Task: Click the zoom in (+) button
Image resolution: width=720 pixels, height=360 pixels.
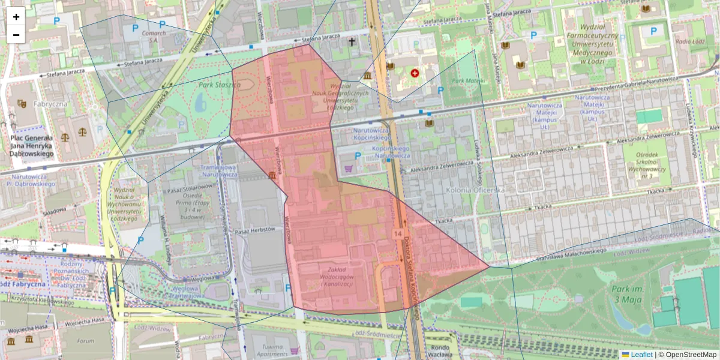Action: [16, 17]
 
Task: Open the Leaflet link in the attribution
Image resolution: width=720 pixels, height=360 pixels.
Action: [641, 355]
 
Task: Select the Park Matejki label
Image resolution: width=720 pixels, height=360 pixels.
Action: [468, 80]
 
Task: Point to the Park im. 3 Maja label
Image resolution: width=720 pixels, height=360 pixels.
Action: [628, 294]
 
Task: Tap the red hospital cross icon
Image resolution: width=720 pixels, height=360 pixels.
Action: [415, 73]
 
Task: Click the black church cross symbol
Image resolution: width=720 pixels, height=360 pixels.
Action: [352, 42]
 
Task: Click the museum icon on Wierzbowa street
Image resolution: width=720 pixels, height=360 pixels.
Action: [273, 175]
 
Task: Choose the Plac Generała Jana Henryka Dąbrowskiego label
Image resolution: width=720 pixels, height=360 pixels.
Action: [32, 146]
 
